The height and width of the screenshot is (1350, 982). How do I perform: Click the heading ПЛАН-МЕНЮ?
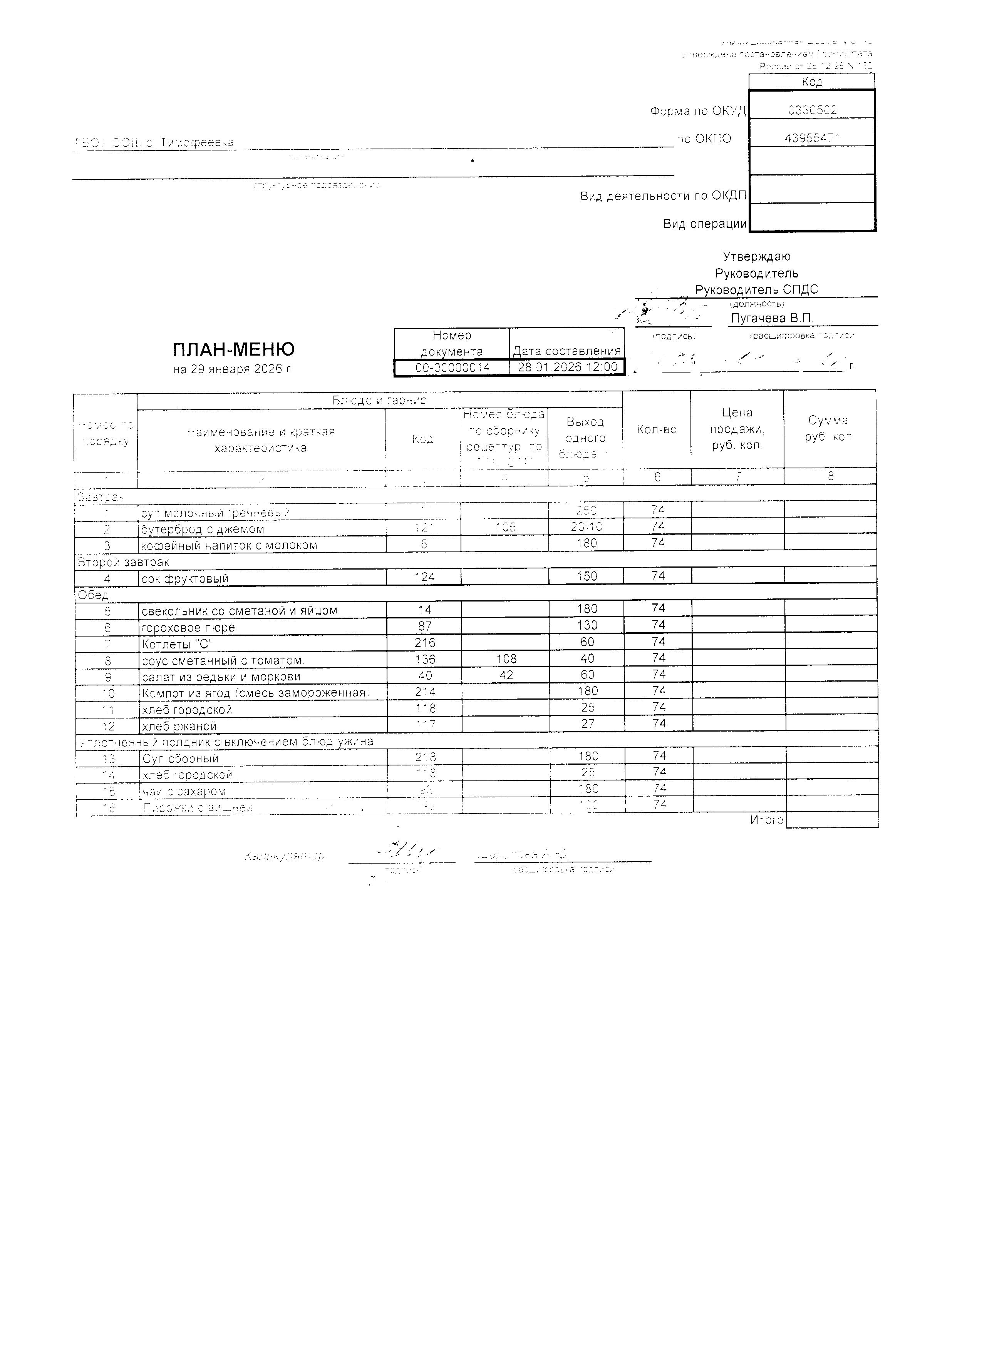click(x=233, y=349)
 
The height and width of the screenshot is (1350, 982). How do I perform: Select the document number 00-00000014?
click(x=452, y=367)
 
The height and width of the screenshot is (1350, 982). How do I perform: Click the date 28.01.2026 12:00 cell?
click(x=567, y=367)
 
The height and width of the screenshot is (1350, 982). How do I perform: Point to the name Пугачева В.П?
click(x=772, y=318)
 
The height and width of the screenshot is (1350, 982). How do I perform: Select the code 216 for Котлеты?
click(x=425, y=643)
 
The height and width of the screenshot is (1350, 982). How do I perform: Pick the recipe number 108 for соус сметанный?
click(x=506, y=659)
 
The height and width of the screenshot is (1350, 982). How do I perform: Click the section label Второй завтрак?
click(x=123, y=562)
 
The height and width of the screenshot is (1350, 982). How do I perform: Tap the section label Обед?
click(x=93, y=595)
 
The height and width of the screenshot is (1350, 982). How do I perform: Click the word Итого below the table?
click(x=766, y=820)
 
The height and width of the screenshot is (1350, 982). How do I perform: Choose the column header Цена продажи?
click(x=737, y=429)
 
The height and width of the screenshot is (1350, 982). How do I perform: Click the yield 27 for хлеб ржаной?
click(x=587, y=724)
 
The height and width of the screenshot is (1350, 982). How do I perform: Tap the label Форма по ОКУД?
click(x=697, y=111)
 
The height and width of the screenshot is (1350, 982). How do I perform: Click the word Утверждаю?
click(x=756, y=257)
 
